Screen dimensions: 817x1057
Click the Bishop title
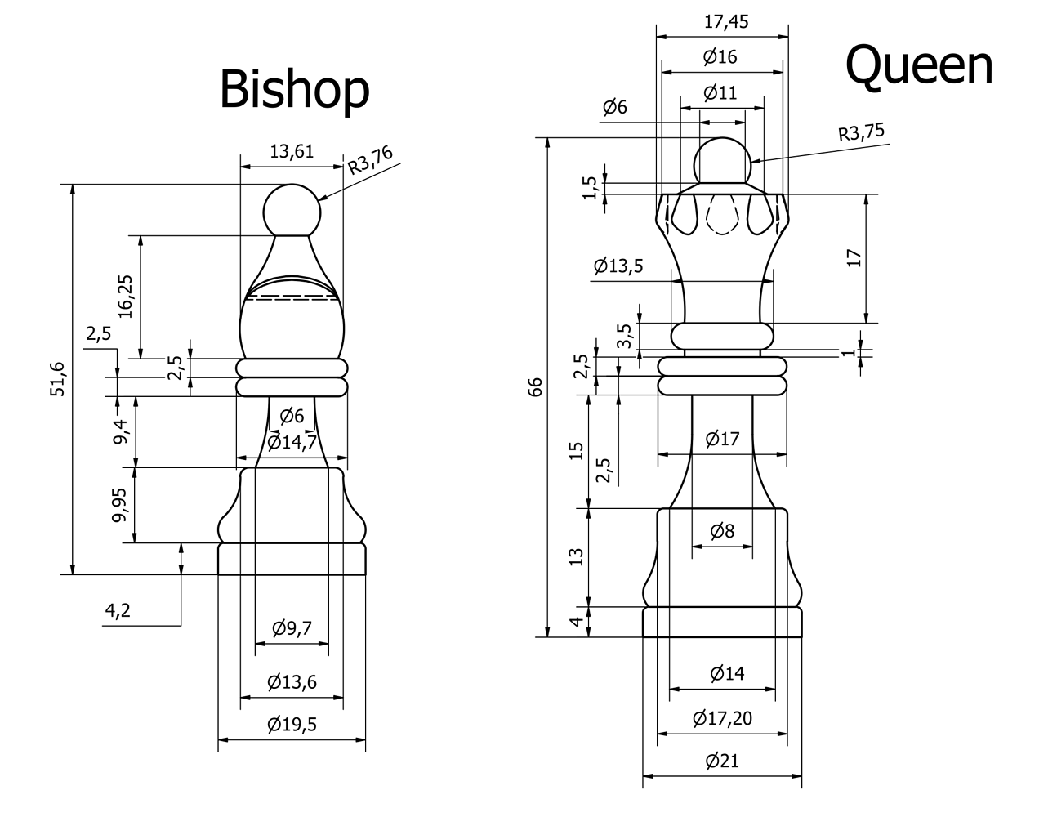(x=294, y=89)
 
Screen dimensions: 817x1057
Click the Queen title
(x=919, y=65)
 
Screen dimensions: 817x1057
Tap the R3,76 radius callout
(x=370, y=161)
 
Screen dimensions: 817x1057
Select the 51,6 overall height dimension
(x=56, y=378)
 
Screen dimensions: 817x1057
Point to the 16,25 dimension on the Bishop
(x=125, y=297)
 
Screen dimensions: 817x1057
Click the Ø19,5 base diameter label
(x=292, y=724)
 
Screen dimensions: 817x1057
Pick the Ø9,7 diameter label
(x=292, y=627)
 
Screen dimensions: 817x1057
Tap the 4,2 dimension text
(x=118, y=610)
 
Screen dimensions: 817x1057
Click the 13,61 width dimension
(x=292, y=150)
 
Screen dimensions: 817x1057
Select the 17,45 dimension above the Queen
(x=725, y=21)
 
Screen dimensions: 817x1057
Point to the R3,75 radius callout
(x=861, y=132)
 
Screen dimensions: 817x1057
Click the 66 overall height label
(x=535, y=386)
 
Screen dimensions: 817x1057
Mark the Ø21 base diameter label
(x=722, y=761)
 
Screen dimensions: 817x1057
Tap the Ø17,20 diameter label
(x=722, y=718)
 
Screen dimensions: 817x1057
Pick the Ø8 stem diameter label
(x=722, y=531)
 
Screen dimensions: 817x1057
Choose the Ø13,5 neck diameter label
(x=618, y=266)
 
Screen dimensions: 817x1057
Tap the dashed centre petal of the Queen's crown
(x=721, y=215)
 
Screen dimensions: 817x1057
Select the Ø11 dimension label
(x=720, y=92)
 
